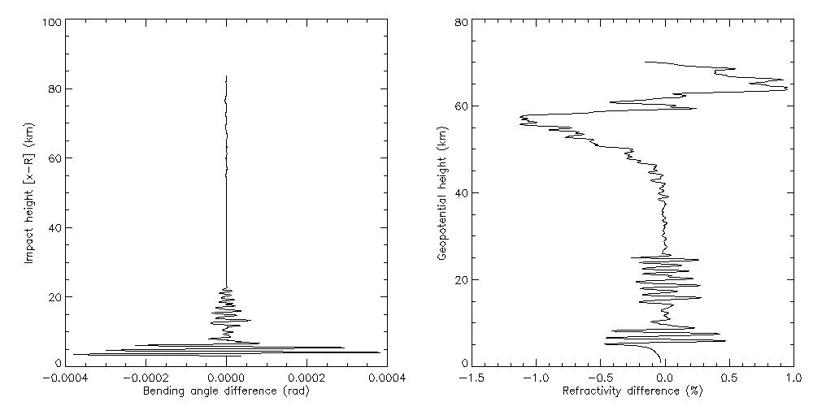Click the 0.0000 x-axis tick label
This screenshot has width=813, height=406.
226,378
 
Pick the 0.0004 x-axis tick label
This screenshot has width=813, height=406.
386,378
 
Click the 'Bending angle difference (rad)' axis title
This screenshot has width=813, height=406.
226,391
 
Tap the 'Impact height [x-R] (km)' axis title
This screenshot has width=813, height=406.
29,192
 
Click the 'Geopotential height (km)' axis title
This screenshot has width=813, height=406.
441,192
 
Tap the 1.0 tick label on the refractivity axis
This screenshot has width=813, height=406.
793,378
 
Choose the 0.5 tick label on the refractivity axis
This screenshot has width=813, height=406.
729,378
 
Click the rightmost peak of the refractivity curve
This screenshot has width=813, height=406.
788,89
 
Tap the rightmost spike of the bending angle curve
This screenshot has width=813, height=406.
380,352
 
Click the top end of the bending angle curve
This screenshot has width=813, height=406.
226,76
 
